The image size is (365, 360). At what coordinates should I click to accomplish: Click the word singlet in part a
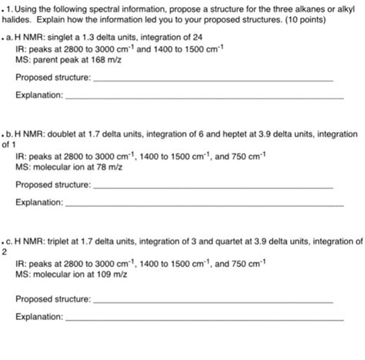[61, 36]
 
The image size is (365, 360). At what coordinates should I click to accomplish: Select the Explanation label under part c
[39, 316]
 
